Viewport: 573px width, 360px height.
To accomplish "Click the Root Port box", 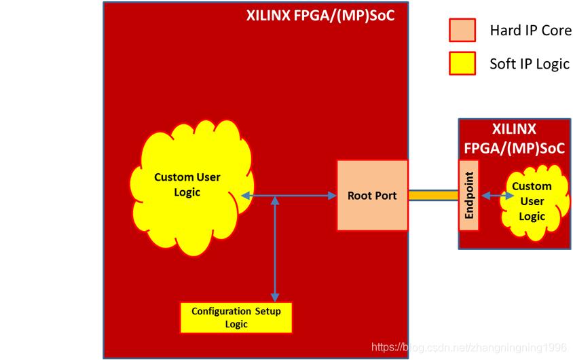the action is (372, 196).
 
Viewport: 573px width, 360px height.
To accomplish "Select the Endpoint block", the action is (468, 196).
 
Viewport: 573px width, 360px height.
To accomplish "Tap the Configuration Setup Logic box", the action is (236, 318).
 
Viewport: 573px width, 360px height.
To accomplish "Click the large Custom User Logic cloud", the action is (192, 187).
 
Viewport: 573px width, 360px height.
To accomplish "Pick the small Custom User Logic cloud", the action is (534, 202).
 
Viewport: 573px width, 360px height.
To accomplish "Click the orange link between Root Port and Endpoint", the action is (433, 195).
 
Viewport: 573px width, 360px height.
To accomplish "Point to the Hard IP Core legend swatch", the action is (462, 30).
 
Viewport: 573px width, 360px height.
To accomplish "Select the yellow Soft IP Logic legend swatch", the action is (462, 64).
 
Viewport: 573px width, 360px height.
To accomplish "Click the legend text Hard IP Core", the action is (530, 31).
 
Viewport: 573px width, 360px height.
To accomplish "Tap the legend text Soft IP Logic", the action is (530, 64).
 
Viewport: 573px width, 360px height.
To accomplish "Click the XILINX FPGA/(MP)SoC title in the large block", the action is (320, 16).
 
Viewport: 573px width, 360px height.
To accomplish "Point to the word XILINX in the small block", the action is (514, 129).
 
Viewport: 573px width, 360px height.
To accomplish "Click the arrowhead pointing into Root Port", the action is (332, 196).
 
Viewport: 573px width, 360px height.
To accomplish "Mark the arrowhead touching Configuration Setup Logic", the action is (275, 297).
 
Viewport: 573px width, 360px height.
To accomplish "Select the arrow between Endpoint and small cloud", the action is (498, 196).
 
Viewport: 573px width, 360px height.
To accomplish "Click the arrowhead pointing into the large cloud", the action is (246, 196).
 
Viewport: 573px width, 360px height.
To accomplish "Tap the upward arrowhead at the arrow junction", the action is (275, 200).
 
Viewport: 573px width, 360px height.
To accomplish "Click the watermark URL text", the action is (469, 347).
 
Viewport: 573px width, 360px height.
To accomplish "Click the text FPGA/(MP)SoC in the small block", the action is (515, 148).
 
